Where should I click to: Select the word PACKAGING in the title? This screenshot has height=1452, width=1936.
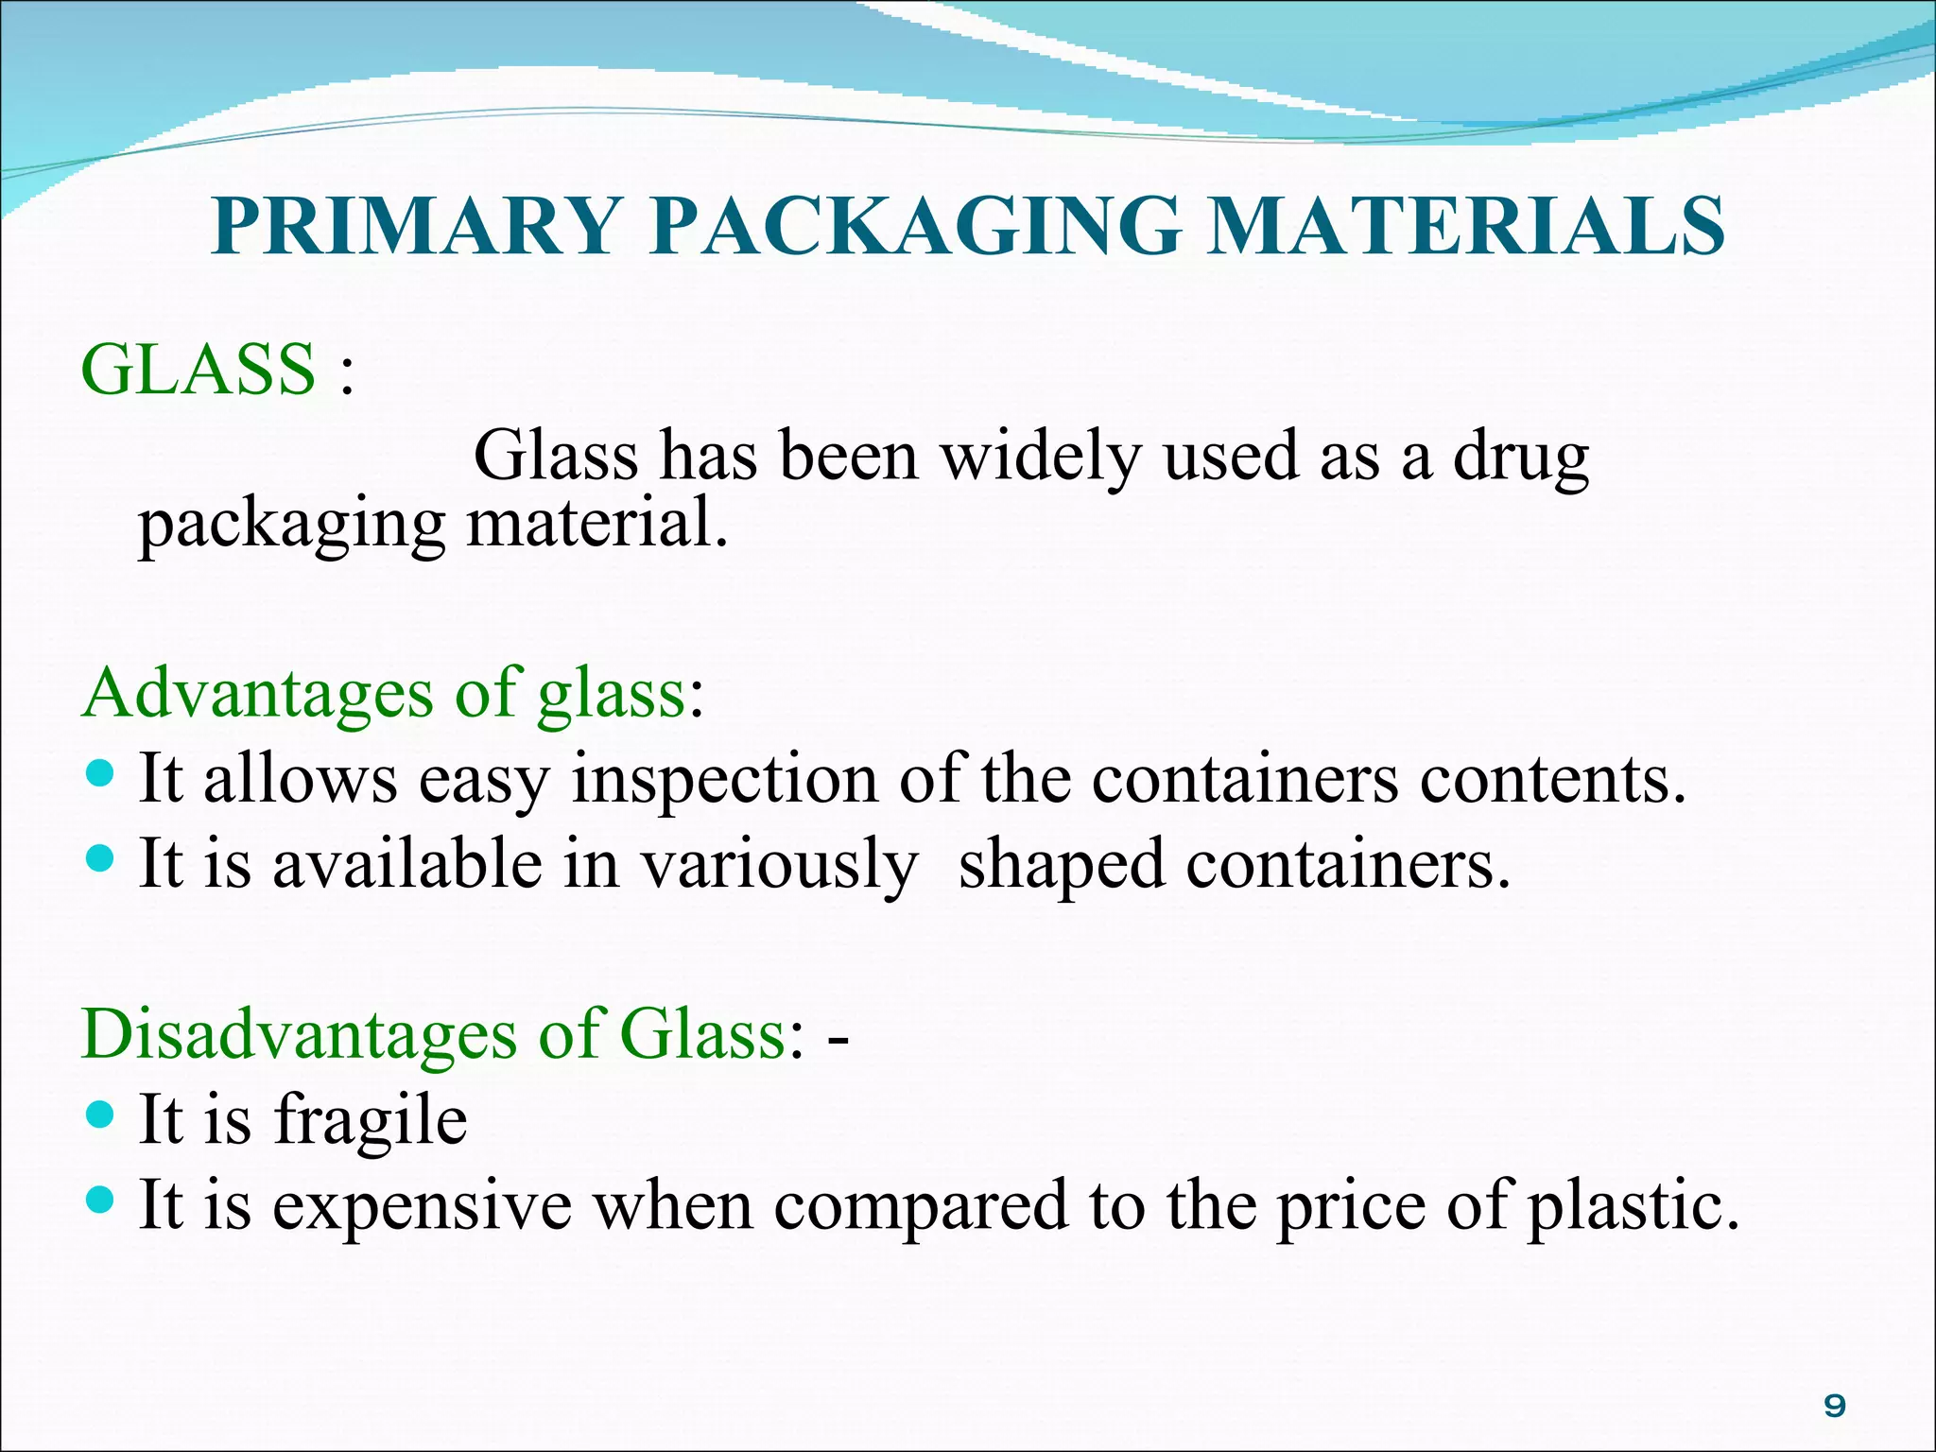click(x=915, y=227)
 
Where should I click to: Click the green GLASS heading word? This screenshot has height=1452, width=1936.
click(x=199, y=369)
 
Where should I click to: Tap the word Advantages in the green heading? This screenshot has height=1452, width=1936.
click(x=257, y=695)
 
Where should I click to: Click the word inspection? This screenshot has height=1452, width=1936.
click(x=724, y=781)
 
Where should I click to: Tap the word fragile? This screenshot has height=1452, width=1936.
click(x=371, y=1121)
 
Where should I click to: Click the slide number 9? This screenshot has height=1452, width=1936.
click(x=1834, y=1407)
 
